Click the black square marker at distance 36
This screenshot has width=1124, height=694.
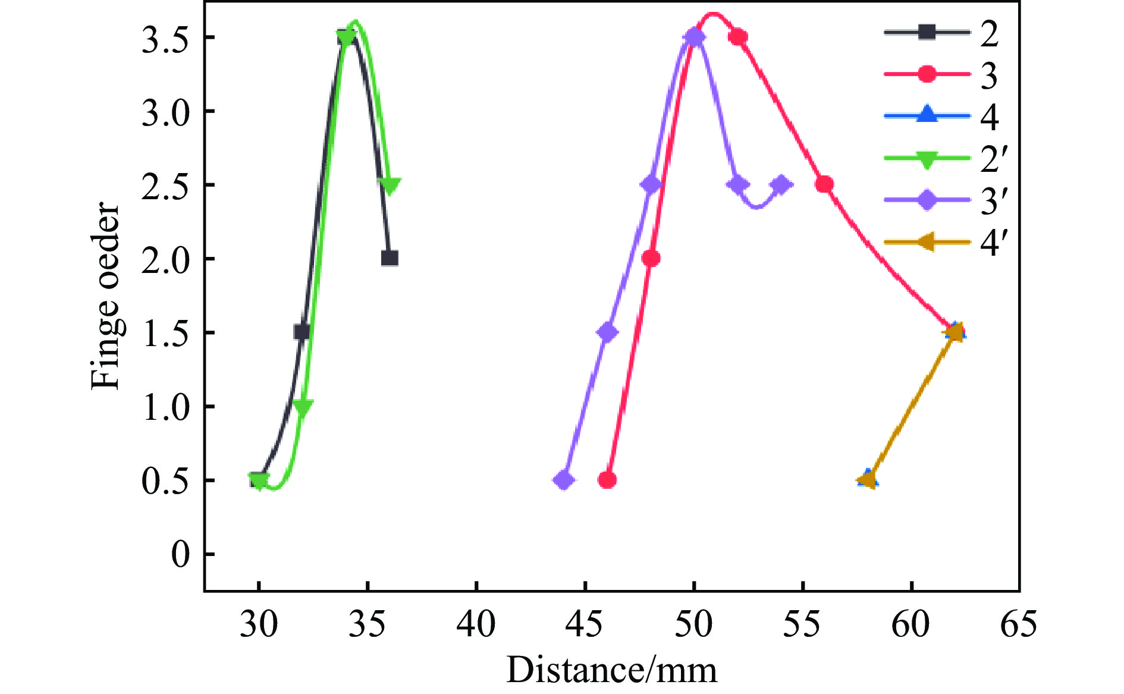click(x=390, y=259)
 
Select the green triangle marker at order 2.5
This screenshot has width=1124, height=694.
click(x=390, y=186)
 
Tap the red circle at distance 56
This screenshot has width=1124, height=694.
click(x=824, y=184)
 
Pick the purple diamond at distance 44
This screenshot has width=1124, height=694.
click(x=564, y=480)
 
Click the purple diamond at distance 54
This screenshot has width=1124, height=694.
click(x=781, y=184)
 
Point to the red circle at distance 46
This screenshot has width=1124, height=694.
click(x=607, y=480)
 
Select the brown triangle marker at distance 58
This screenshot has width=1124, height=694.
click(x=868, y=479)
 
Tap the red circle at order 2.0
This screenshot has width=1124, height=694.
click(x=651, y=259)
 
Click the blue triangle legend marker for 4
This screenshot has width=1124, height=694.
click(x=927, y=116)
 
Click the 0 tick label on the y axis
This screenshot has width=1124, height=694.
click(x=180, y=555)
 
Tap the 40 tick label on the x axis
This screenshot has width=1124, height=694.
click(x=476, y=625)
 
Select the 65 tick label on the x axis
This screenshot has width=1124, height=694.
click(x=1019, y=625)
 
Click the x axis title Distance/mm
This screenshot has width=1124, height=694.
click(x=611, y=671)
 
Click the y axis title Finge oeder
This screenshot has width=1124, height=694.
click(x=106, y=296)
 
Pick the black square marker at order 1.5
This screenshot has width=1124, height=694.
click(x=302, y=332)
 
